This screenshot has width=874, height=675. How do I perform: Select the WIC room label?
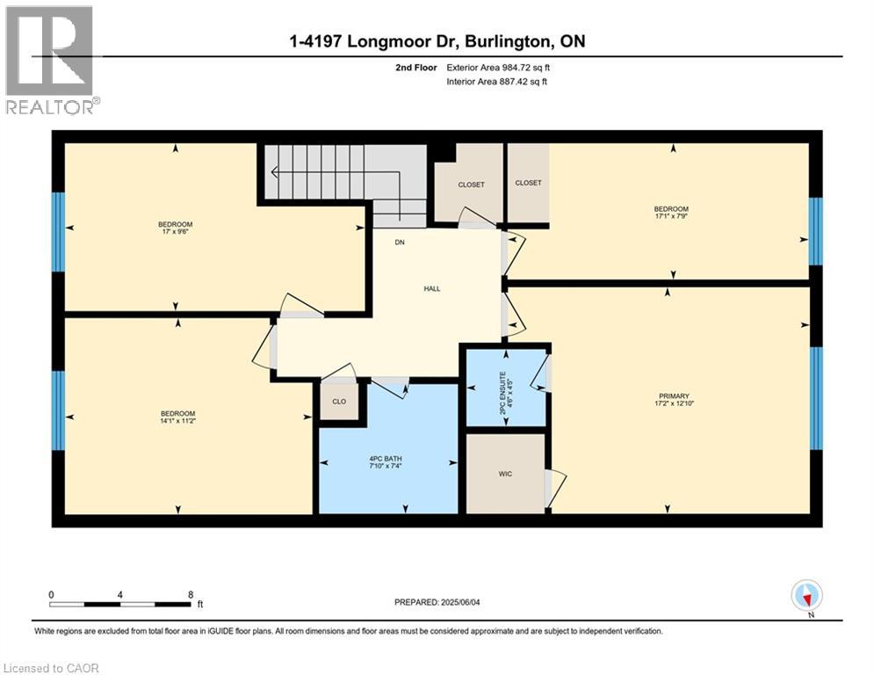point(505,474)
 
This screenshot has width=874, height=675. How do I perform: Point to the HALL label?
point(431,288)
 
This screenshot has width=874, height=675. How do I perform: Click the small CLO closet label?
point(338,402)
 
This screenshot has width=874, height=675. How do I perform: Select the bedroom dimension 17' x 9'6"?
point(175,233)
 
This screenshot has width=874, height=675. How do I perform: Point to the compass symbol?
point(805,596)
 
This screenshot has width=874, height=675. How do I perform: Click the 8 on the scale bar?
point(190,594)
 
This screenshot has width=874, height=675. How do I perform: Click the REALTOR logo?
point(50,60)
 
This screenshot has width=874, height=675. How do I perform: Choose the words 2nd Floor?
point(415,67)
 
